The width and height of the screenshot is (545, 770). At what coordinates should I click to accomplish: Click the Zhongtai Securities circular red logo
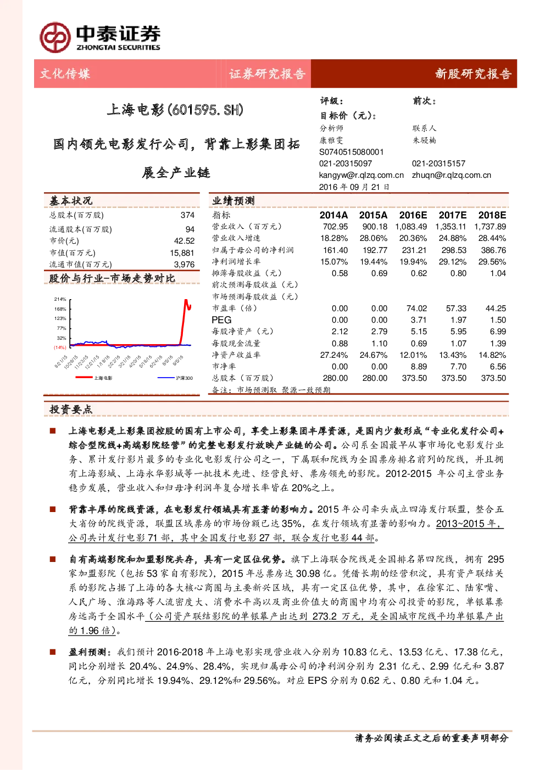55,37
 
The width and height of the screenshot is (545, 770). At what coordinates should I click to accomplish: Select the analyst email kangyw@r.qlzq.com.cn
362,175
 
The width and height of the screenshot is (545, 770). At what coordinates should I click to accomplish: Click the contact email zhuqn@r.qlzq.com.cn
452,175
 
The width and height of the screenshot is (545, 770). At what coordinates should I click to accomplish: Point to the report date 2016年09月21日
354,187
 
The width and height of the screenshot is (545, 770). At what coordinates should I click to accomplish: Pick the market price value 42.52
184,240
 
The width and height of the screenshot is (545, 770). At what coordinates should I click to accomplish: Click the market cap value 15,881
182,253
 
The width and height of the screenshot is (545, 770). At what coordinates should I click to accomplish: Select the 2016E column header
413,215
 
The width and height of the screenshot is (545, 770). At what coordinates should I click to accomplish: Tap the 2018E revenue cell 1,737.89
490,227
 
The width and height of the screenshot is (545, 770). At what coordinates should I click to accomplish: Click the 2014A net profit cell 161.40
336,250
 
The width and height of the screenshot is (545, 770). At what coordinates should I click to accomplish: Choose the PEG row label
221,320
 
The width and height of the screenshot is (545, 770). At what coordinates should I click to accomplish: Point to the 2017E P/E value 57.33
456,308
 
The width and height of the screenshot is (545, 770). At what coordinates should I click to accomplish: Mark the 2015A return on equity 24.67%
373,355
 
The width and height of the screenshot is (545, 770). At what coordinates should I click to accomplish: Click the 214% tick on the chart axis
60,299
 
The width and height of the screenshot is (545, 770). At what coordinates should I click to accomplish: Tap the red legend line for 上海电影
84,378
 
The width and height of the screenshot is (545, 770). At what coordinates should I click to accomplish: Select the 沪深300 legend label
184,378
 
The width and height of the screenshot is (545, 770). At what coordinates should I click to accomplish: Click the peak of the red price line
186,300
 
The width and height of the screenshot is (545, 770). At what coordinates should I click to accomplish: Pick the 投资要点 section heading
71,409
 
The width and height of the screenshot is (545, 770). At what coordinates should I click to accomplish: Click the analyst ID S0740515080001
351,152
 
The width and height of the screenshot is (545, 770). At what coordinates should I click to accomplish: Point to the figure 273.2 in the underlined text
325,616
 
